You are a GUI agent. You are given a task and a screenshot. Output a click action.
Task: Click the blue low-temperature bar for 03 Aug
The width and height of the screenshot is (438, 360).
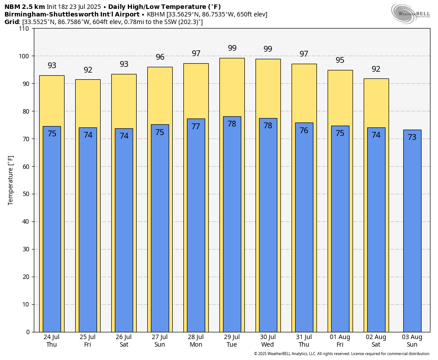(412, 232)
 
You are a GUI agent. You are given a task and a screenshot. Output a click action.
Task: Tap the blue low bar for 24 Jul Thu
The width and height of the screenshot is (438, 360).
(52, 232)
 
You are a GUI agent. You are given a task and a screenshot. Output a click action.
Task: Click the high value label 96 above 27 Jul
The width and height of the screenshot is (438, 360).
(160, 57)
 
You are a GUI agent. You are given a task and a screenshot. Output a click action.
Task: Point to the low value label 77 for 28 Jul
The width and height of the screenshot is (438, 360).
(196, 127)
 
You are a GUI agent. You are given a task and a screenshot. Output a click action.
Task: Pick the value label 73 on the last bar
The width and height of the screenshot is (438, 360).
(412, 137)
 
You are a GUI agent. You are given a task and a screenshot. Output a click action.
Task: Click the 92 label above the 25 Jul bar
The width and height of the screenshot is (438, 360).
(88, 70)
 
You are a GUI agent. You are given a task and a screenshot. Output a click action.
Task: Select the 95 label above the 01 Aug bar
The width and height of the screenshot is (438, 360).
(340, 60)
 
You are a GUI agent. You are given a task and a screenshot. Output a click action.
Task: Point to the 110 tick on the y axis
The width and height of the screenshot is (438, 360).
(24, 29)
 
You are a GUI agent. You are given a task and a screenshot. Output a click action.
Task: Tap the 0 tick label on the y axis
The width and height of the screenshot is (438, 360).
(28, 332)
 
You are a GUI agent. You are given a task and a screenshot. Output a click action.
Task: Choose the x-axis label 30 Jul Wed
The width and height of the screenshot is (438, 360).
(268, 341)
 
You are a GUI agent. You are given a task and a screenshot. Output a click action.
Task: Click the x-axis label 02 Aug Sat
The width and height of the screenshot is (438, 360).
(376, 341)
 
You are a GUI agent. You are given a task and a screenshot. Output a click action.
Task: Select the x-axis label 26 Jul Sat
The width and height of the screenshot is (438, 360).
(124, 341)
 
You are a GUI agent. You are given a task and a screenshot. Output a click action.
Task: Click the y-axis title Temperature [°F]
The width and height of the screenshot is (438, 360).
(11, 180)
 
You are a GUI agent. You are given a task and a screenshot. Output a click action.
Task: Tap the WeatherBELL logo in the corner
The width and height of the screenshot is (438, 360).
(410, 13)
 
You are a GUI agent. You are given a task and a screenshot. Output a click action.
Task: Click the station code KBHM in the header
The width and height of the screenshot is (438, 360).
(156, 14)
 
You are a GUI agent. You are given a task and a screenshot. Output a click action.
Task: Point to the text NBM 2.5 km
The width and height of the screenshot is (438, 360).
(24, 7)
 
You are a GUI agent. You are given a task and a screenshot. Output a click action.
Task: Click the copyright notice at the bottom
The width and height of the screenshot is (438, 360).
(342, 354)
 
